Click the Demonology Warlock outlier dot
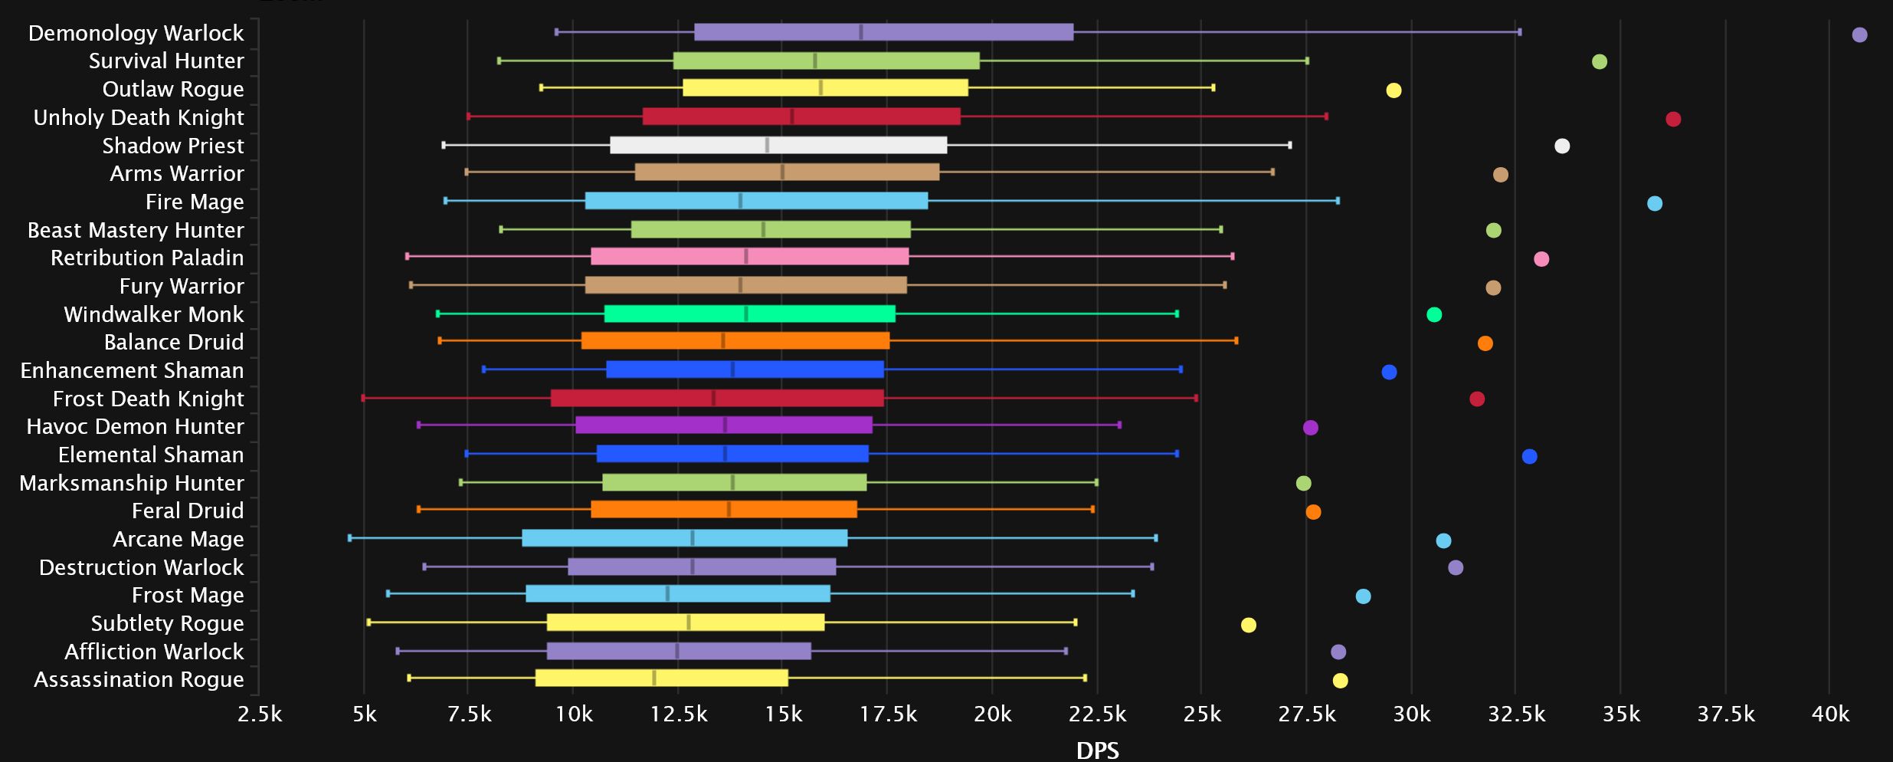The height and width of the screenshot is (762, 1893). pyautogui.click(x=1859, y=34)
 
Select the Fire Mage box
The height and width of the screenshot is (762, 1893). pyautogui.click(x=755, y=201)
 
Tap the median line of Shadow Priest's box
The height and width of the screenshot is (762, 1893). pyautogui.click(x=767, y=145)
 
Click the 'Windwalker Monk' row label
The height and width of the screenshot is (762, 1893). pyautogui.click(x=153, y=314)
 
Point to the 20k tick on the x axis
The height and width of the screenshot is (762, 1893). pyautogui.click(x=992, y=714)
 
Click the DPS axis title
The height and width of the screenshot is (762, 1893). pyautogui.click(x=1097, y=750)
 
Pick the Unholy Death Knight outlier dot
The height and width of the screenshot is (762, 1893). pyautogui.click(x=1673, y=119)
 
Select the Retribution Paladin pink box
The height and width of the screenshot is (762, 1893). pyautogui.click(x=749, y=256)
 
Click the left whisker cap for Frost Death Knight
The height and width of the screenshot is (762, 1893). pyautogui.click(x=363, y=398)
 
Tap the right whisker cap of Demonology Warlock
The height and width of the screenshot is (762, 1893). pyautogui.click(x=1519, y=32)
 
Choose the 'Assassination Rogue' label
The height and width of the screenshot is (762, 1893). pyautogui.click(x=139, y=679)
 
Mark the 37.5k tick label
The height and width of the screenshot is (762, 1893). pyautogui.click(x=1725, y=714)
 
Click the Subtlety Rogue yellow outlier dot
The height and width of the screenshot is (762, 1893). pyautogui.click(x=1248, y=625)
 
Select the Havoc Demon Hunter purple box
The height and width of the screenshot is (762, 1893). pyautogui.click(x=723, y=425)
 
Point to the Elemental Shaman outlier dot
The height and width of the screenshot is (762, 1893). pyautogui.click(x=1529, y=456)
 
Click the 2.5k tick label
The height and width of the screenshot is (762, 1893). pyautogui.click(x=260, y=714)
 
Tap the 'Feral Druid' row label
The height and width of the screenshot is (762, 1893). pyautogui.click(x=187, y=511)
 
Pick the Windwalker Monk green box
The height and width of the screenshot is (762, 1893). pyautogui.click(x=749, y=314)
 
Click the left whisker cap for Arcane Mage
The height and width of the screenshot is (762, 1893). pyautogui.click(x=350, y=538)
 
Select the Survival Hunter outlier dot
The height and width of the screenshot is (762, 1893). pyautogui.click(x=1599, y=61)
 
